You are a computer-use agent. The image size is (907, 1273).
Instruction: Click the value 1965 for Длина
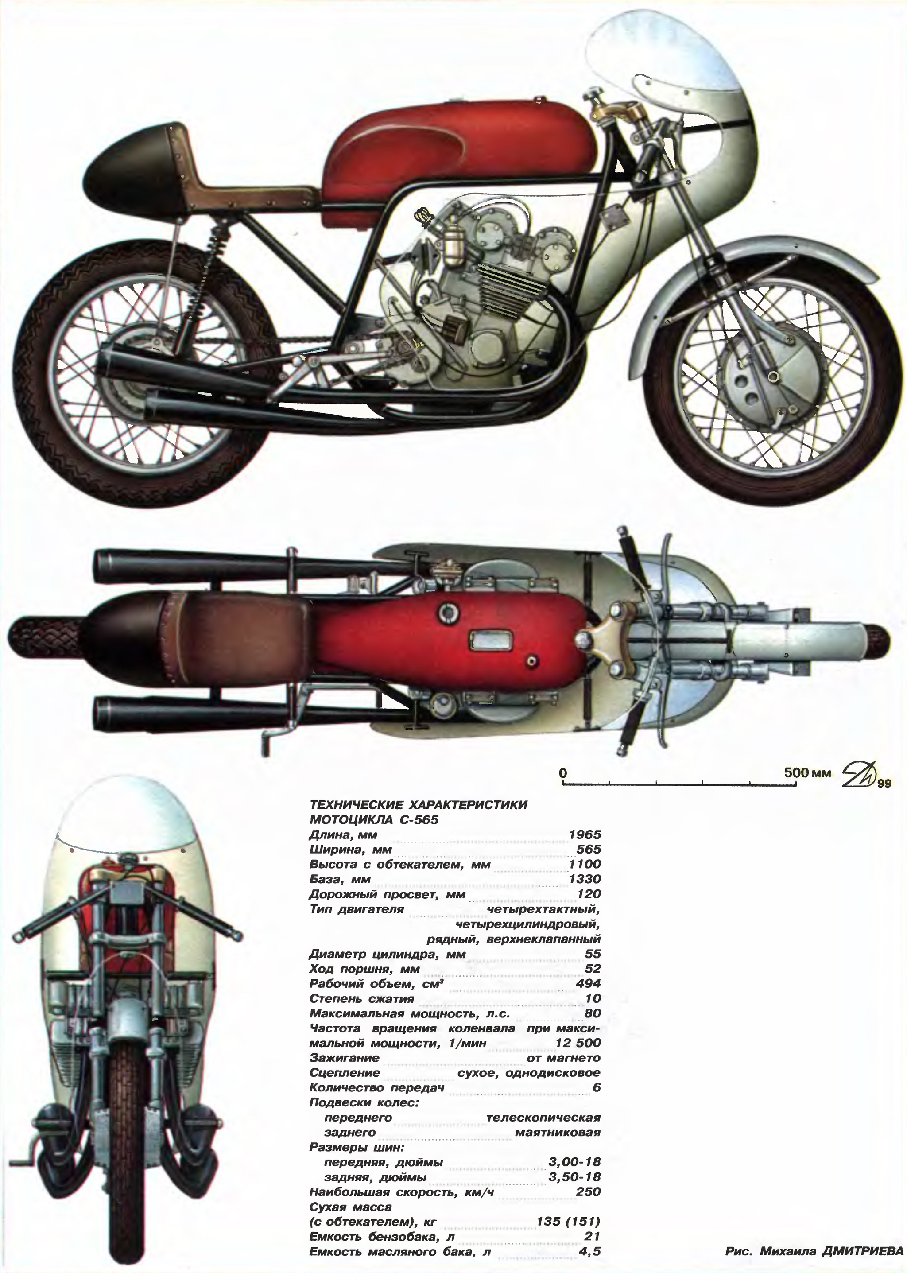tap(585, 835)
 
